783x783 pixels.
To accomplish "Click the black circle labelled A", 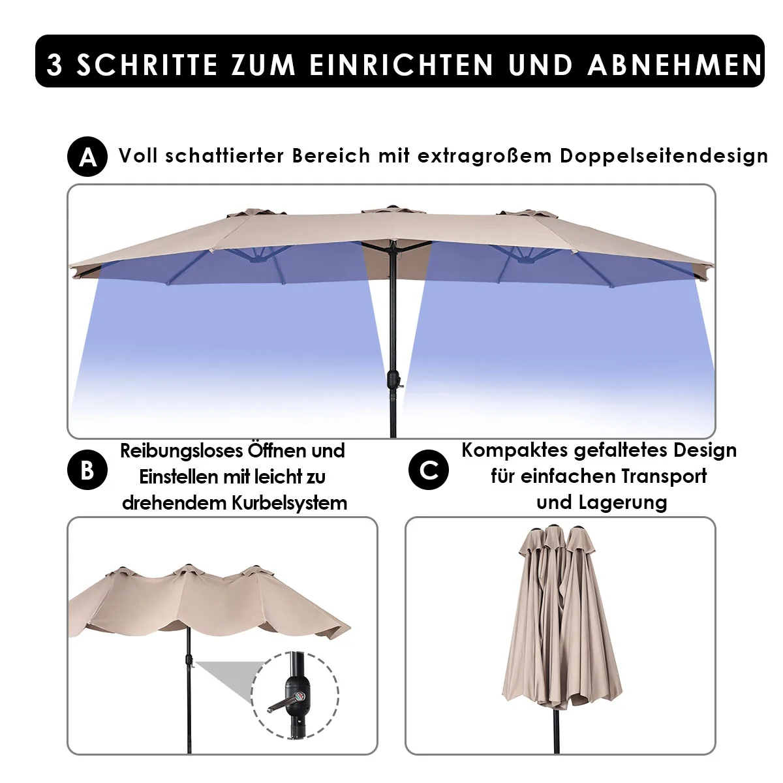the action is (x=87, y=157).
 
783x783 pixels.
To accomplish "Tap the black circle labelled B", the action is (x=87, y=470).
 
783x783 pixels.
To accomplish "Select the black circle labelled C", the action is (x=429, y=470).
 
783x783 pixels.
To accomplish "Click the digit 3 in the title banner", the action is (x=54, y=65).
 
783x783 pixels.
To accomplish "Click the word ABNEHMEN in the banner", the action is (x=675, y=65).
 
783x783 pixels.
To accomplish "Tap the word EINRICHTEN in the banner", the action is (x=401, y=65).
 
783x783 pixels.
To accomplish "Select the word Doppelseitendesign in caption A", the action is (x=664, y=157).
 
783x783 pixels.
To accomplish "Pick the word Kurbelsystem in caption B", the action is (x=289, y=502).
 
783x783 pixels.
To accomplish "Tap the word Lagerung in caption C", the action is (x=623, y=502).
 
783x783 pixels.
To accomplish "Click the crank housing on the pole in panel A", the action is (x=393, y=380).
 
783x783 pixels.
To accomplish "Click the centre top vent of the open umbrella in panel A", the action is (x=393, y=210).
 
